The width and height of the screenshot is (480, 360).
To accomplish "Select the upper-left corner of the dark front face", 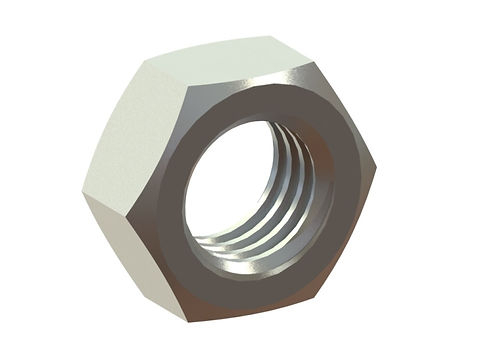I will click(190, 92).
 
